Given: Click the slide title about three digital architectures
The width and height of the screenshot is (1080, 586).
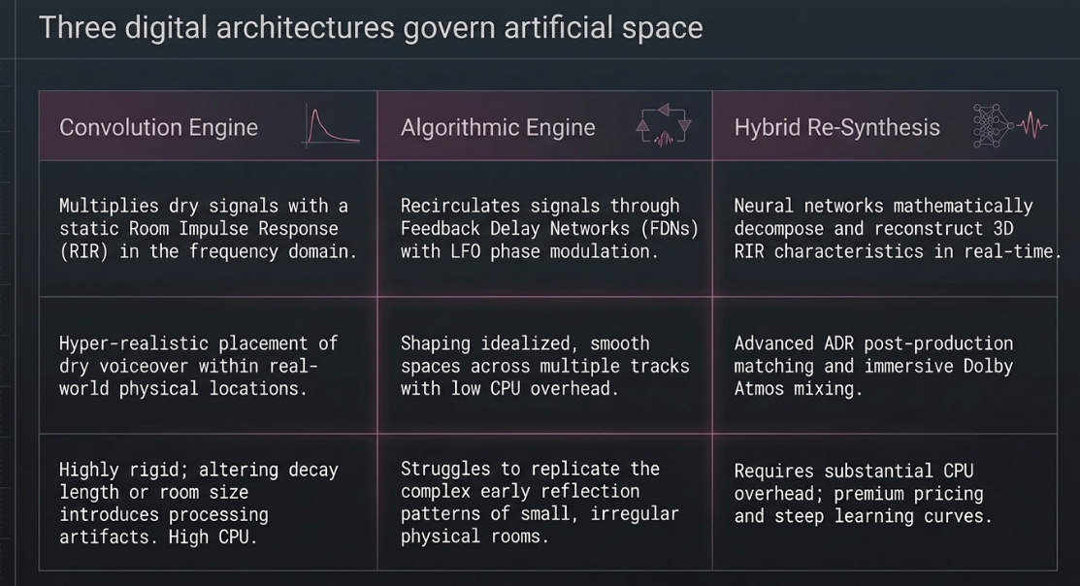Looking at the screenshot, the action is tap(371, 28).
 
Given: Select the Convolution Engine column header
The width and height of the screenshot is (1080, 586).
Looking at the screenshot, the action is tap(158, 127).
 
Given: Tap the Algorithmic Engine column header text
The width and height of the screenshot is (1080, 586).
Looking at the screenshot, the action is tap(498, 127).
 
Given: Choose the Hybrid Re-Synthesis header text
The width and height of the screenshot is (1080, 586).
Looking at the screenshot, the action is tap(836, 127).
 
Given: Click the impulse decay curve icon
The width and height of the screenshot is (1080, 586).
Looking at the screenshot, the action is tap(331, 127).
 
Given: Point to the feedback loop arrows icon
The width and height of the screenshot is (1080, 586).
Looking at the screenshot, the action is tap(664, 125).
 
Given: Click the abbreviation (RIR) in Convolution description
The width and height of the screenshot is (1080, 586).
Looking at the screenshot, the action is tap(84, 251).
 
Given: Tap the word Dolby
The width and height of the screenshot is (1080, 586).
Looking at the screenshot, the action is tap(988, 367).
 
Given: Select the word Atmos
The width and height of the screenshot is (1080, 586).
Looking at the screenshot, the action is tap(759, 388).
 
